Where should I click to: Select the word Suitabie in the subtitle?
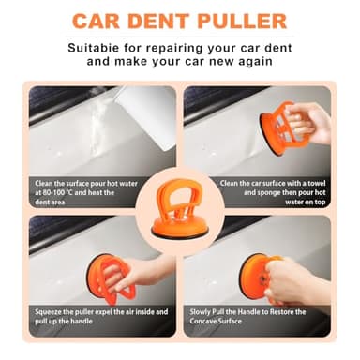click(x=92, y=46)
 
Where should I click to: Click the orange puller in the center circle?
click(x=181, y=202)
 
